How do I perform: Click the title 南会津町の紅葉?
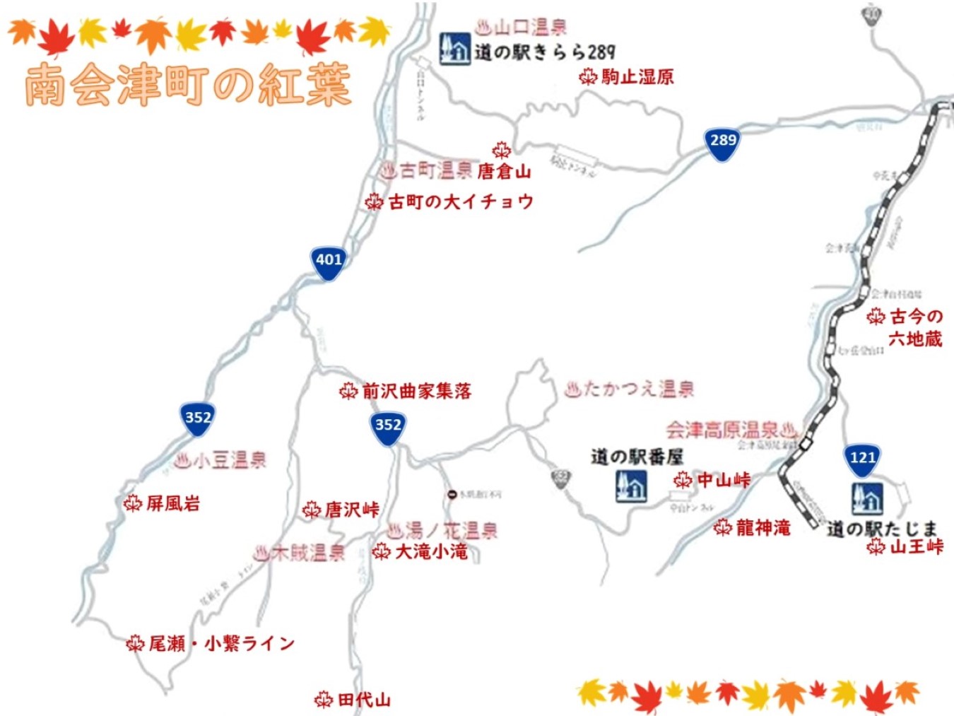[188, 85]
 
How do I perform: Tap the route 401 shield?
[329, 261]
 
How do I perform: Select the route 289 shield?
[723, 141]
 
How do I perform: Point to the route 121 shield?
[863, 459]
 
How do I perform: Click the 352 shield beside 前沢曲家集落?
[388, 426]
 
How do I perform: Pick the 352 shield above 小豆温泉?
[198, 418]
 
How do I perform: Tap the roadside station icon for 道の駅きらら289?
[454, 49]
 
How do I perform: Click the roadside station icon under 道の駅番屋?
[631, 486]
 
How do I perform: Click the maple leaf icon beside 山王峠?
[876, 546]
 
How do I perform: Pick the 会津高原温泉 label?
[722, 430]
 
